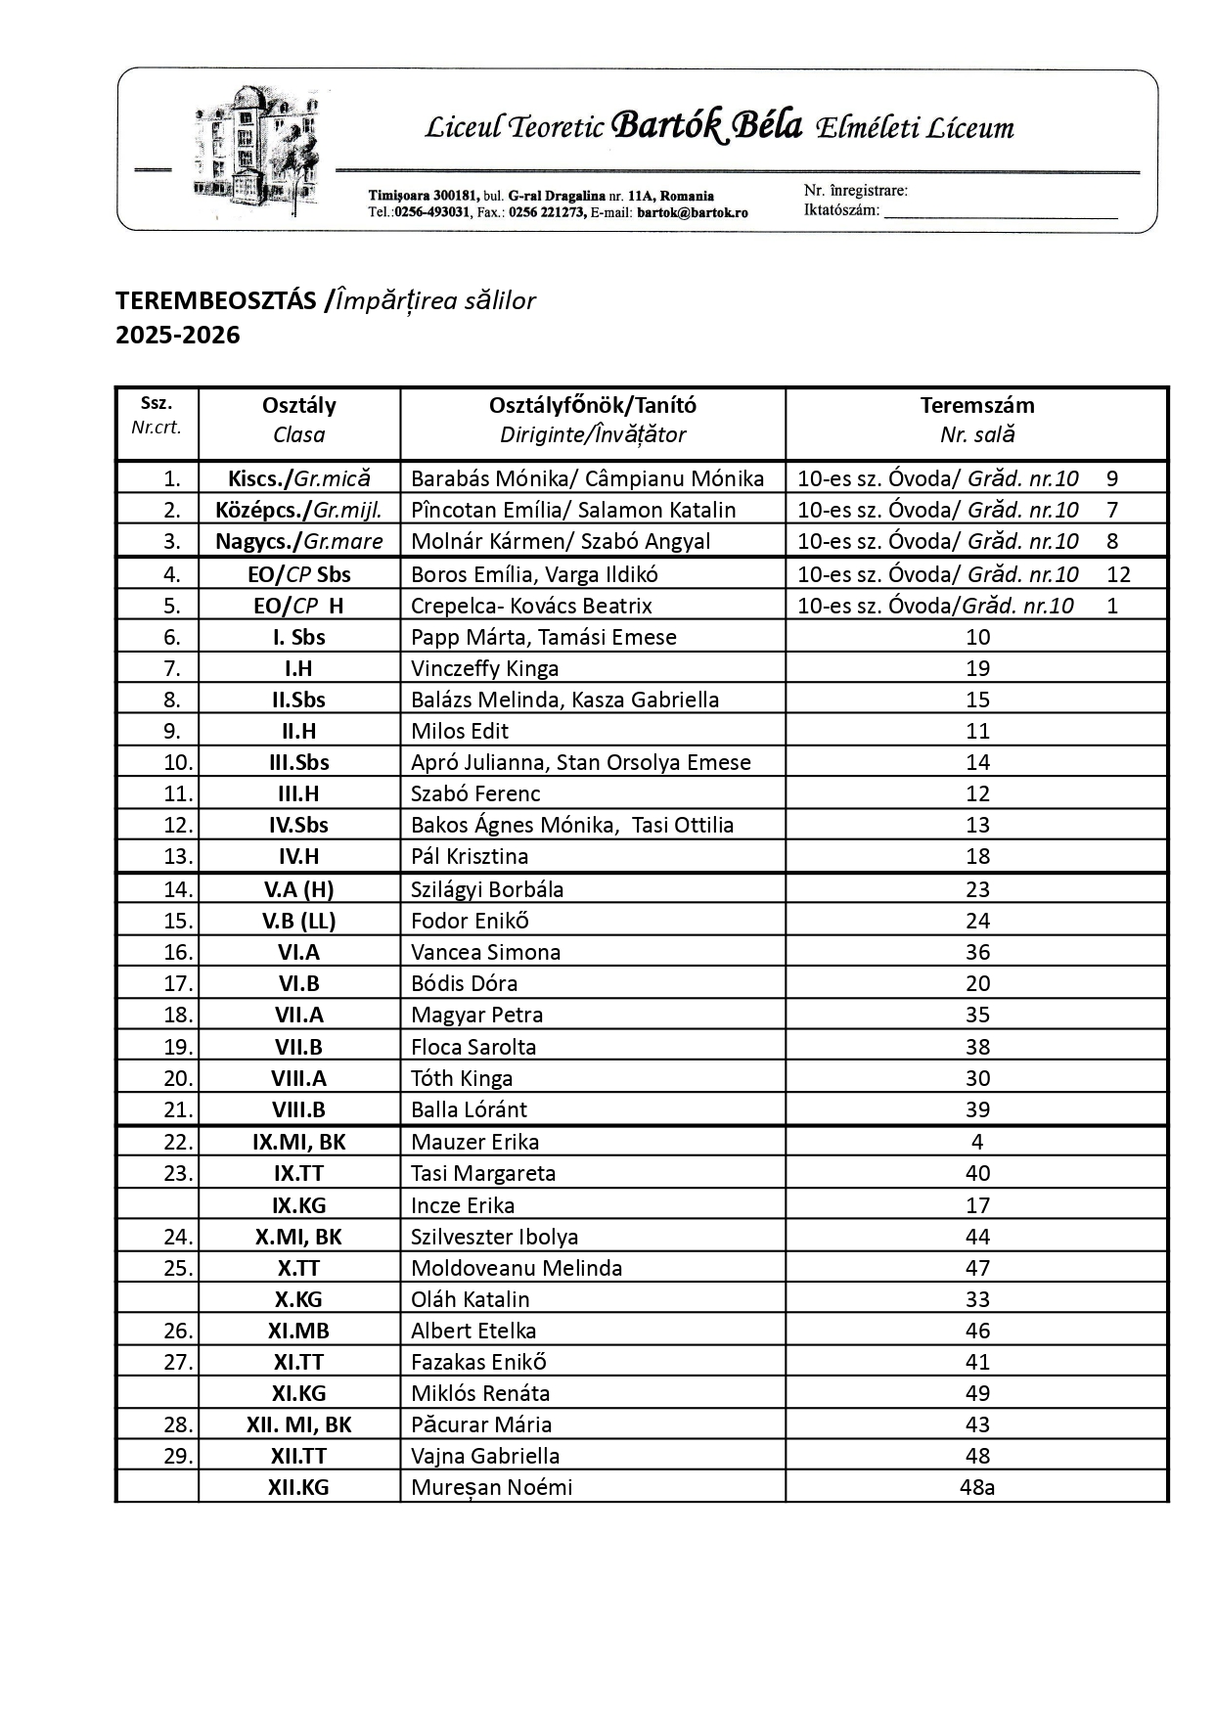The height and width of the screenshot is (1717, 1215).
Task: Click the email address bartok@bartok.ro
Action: (x=693, y=212)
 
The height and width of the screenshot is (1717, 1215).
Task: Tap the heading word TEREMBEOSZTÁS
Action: (x=216, y=300)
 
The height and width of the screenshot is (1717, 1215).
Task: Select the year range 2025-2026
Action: (x=178, y=335)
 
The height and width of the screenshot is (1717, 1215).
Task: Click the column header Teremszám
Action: (x=976, y=405)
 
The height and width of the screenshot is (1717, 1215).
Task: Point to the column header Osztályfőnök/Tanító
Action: (x=592, y=405)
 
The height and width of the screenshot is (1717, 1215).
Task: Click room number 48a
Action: (x=976, y=1487)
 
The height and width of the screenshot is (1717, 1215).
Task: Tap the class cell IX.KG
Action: (x=298, y=1205)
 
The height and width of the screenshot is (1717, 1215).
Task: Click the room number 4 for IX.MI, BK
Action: (x=976, y=1142)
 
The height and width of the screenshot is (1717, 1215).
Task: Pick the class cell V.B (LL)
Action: (x=298, y=921)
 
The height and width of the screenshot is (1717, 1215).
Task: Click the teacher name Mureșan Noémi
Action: (x=491, y=1487)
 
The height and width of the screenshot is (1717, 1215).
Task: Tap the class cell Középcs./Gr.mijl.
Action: (x=298, y=510)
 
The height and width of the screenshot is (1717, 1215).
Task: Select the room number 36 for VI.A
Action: (x=976, y=952)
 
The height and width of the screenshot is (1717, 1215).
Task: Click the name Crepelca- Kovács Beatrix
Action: (x=531, y=606)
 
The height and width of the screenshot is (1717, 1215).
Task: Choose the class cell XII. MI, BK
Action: (x=298, y=1424)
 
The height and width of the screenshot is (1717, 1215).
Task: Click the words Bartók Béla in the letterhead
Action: (x=706, y=127)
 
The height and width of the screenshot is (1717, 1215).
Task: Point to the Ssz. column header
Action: (x=157, y=403)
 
